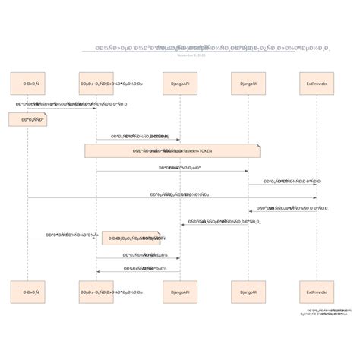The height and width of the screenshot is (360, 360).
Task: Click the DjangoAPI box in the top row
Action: tap(180, 84)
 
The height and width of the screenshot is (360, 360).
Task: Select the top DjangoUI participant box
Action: tap(248, 84)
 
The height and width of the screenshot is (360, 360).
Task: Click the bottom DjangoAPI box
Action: tap(180, 292)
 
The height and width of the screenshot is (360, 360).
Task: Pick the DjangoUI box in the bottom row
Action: tap(248, 292)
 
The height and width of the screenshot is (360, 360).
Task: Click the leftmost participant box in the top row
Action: tap(28, 84)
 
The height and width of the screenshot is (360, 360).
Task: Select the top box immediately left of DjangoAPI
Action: tap(96, 84)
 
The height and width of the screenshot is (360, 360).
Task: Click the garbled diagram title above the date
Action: tap(212, 48)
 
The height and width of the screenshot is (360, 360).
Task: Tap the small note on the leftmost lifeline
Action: tap(28, 119)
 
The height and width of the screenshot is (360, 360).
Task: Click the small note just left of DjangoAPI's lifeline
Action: tap(131, 238)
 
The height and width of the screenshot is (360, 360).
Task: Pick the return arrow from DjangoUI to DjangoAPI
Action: tap(214, 224)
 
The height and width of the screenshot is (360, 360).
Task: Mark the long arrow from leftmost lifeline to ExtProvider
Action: tap(172, 198)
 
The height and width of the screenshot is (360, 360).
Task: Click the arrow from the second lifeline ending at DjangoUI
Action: tap(172, 171)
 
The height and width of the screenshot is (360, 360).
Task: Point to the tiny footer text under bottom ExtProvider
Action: tap(327, 312)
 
